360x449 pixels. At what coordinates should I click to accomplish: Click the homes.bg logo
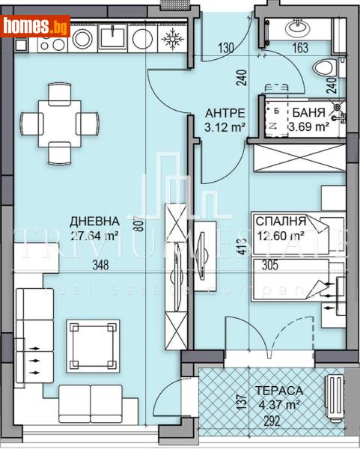click(36, 27)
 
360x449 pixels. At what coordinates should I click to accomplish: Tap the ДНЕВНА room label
click(94, 222)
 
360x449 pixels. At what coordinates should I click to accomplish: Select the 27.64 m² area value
click(94, 236)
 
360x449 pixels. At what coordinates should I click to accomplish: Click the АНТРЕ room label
click(225, 113)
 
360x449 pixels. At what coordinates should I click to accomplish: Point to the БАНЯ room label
click(308, 113)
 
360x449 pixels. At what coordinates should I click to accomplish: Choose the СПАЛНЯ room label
click(280, 222)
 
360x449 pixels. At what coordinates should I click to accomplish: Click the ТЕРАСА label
click(278, 391)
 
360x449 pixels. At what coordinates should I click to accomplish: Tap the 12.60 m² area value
click(280, 236)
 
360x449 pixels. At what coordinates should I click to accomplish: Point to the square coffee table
click(93, 340)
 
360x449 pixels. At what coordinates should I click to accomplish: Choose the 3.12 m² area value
click(225, 127)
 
